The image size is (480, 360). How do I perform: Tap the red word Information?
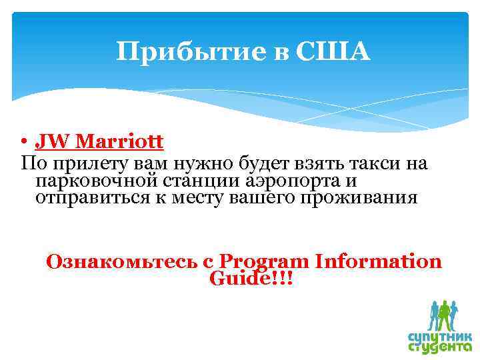[x=380, y=261]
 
